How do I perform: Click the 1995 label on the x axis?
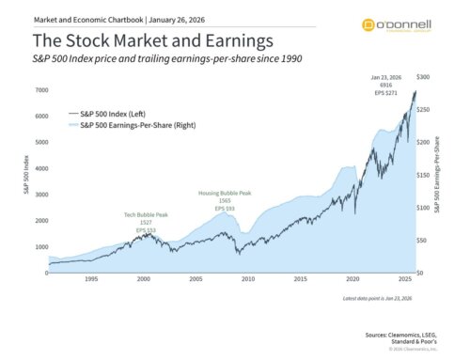click(91, 280)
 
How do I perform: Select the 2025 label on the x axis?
click(404, 280)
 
